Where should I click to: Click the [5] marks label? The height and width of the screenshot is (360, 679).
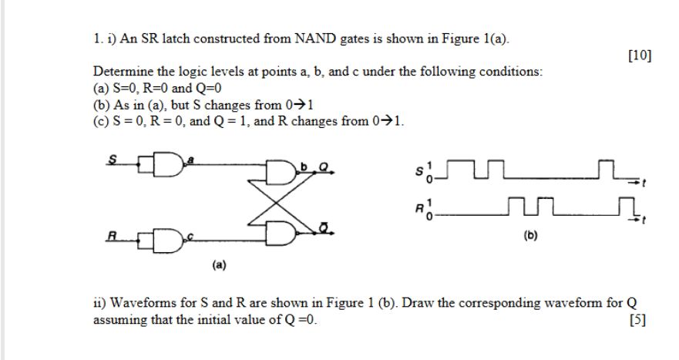coord(637,320)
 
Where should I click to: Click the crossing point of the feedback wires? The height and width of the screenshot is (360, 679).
coord(275,200)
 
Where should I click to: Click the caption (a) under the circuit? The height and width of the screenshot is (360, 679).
coord(219,264)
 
